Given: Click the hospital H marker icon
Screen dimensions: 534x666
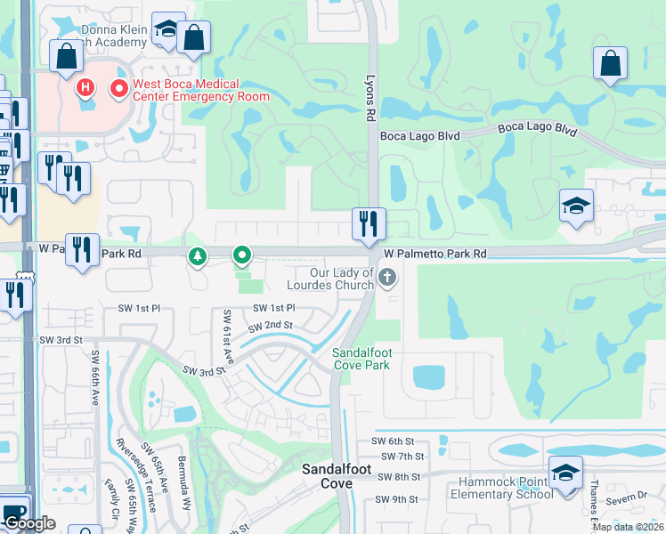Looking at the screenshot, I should (85, 88).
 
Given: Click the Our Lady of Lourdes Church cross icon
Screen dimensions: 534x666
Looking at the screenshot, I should (386, 279).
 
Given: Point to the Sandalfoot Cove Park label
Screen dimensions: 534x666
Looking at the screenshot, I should (361, 359).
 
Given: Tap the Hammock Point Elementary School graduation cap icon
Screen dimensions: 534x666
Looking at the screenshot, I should (565, 472).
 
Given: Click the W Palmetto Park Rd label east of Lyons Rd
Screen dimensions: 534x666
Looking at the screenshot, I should (435, 254).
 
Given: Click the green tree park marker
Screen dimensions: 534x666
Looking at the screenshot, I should (197, 257).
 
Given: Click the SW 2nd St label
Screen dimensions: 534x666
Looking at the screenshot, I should (272, 325).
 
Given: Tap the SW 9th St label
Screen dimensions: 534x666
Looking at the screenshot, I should (398, 499).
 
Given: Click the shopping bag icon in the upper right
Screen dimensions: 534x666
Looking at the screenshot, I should (610, 63).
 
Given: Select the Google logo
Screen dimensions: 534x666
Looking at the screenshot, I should (28, 524).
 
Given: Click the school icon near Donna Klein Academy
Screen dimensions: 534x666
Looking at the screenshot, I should (166, 29).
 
